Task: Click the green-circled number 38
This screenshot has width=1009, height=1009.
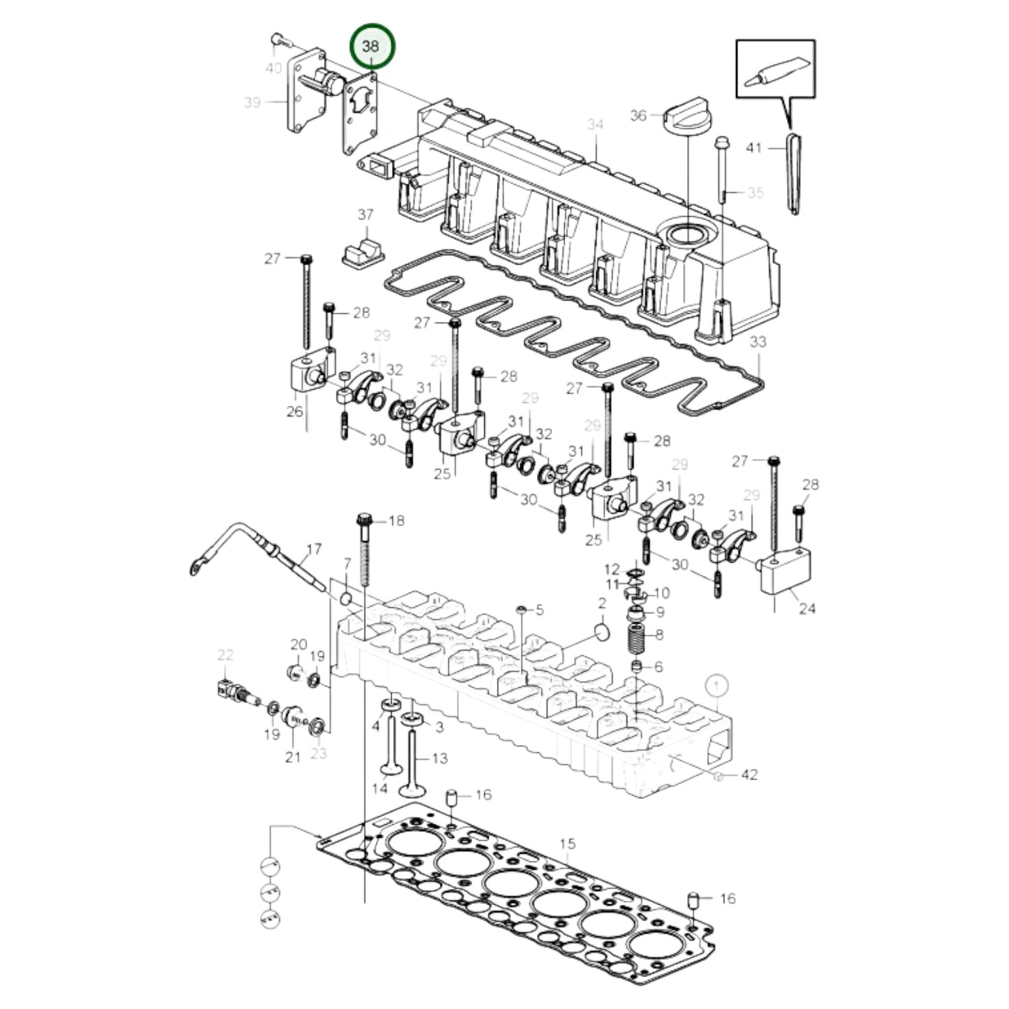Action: [x=371, y=47]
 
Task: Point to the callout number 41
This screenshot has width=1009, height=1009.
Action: [x=753, y=148]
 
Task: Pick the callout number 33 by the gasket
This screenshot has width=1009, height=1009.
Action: [x=757, y=342]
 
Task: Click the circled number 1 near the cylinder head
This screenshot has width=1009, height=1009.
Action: [x=717, y=686]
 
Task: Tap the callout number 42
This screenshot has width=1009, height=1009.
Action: [x=749, y=774]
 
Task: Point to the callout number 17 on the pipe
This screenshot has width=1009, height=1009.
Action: [x=314, y=550]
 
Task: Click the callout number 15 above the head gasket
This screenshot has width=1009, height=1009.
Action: [x=567, y=844]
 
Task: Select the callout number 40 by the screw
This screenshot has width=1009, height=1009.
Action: [x=274, y=68]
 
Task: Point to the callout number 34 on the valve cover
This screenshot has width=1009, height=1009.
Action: [x=595, y=125]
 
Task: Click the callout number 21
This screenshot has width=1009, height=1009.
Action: [x=293, y=756]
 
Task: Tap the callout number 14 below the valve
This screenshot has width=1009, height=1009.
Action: [x=380, y=789]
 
